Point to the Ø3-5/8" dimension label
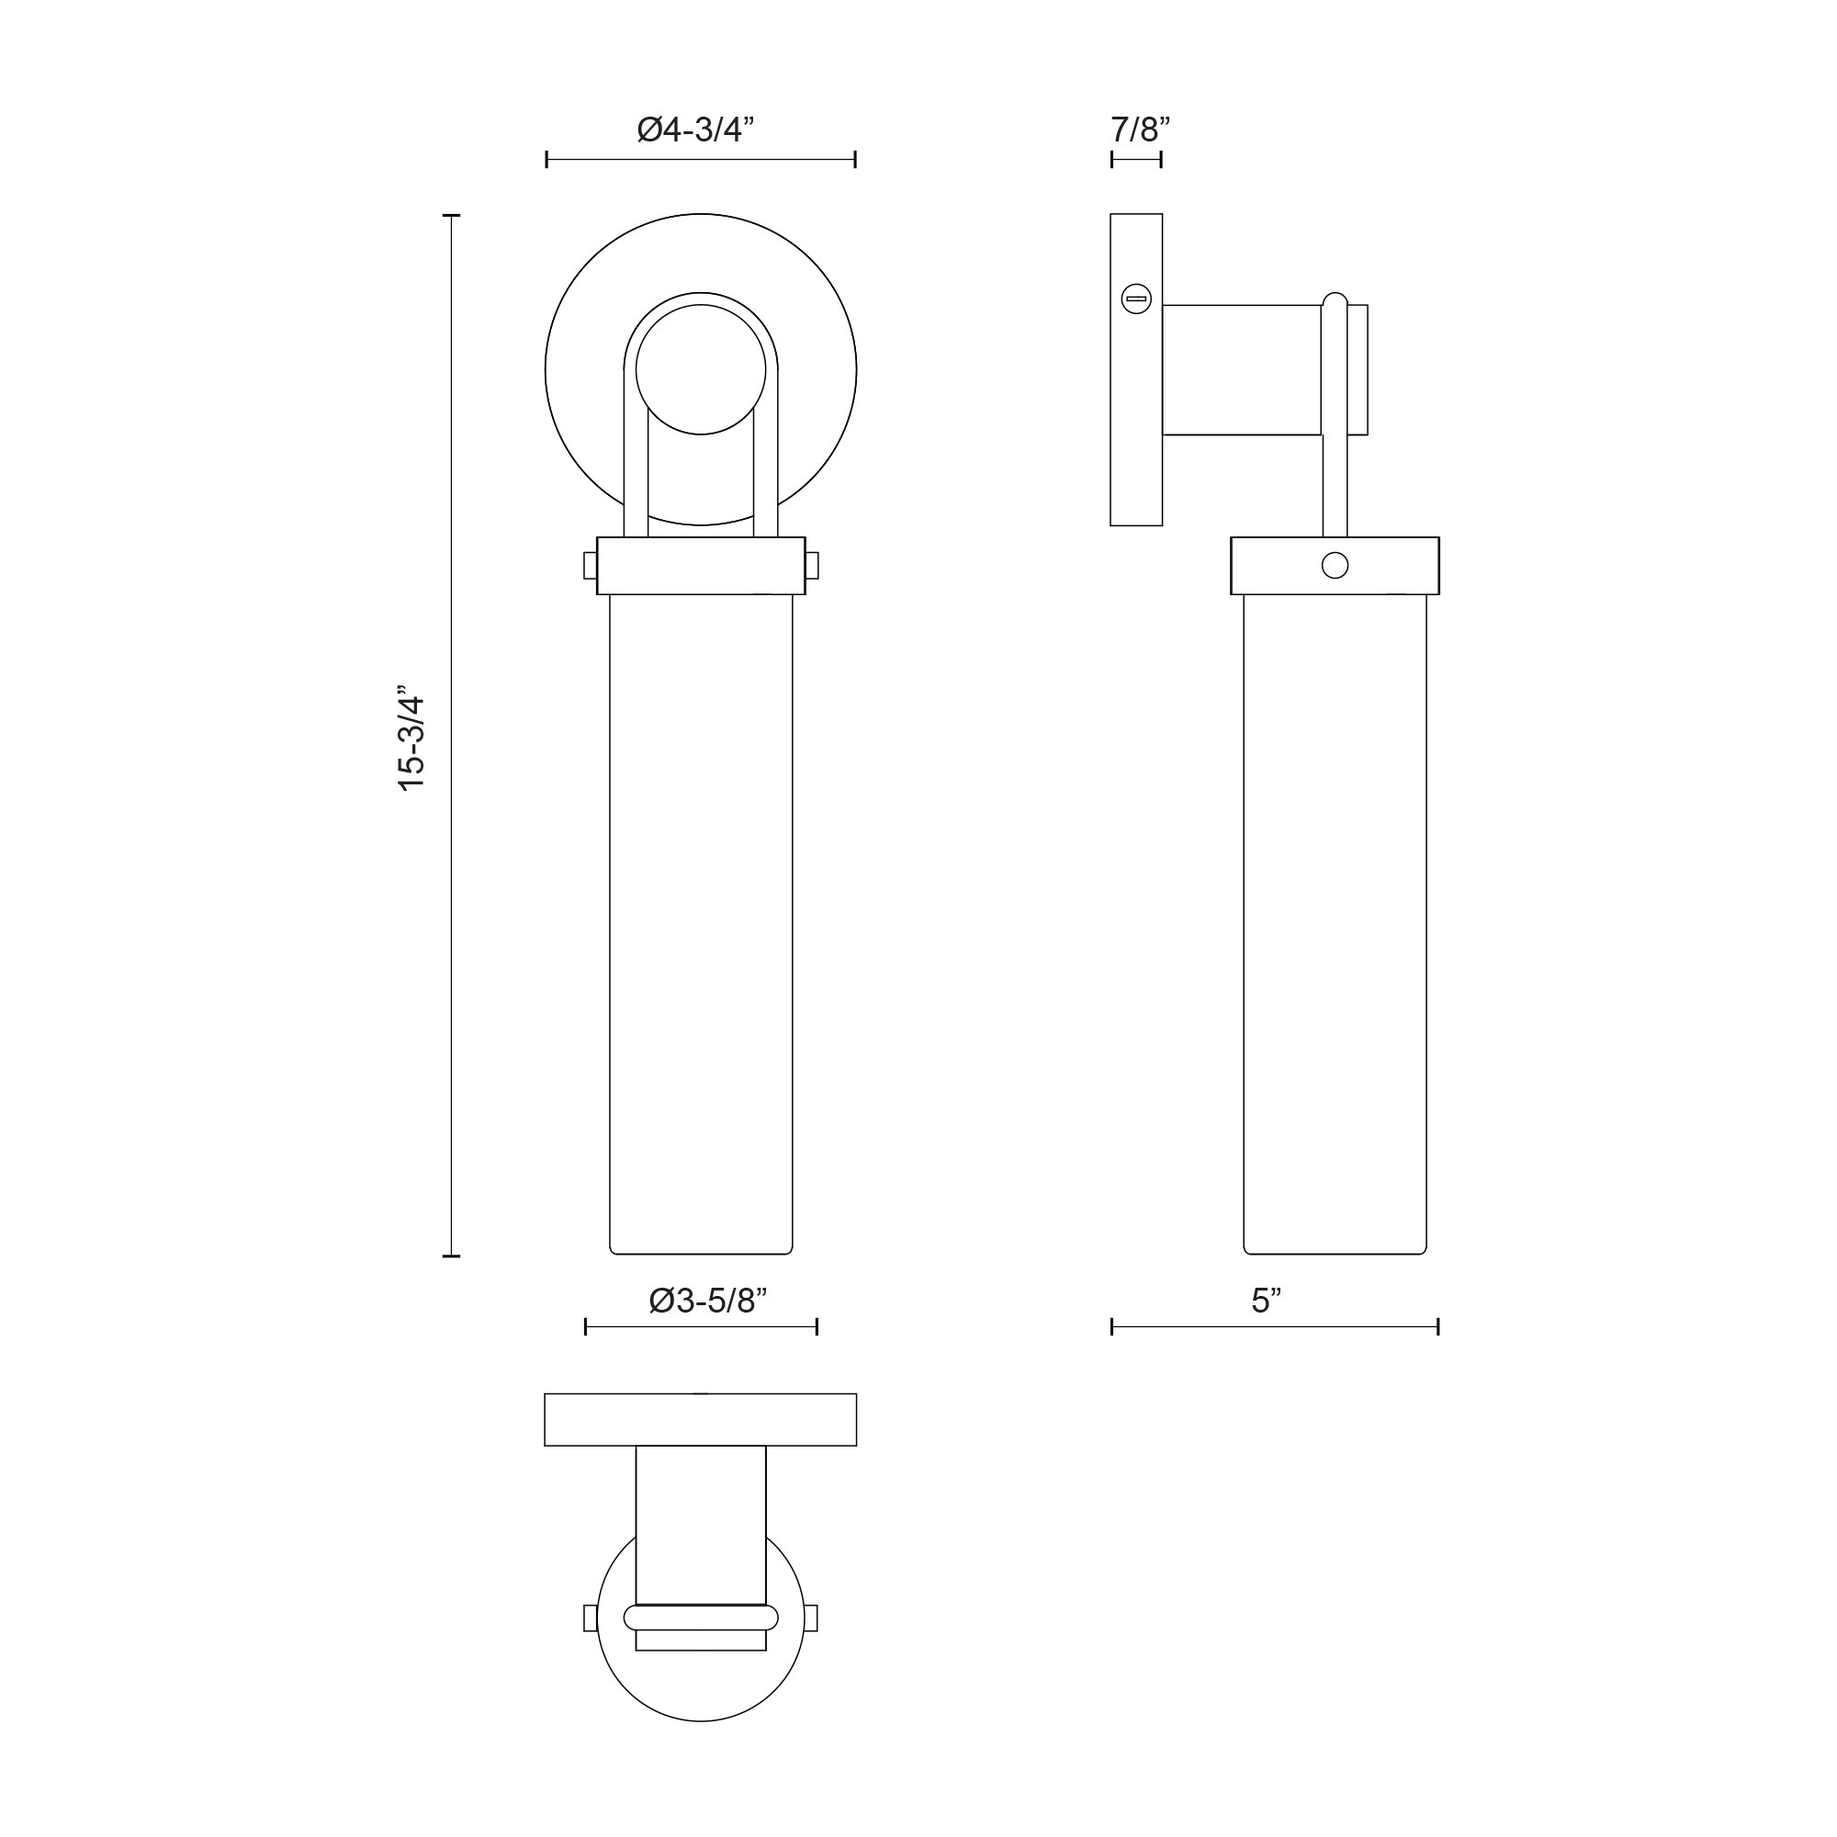click(x=707, y=1300)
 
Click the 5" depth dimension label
click(x=1267, y=1300)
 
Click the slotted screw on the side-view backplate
click(x=1136, y=299)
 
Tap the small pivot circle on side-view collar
click(x=1335, y=565)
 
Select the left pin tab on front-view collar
click(x=591, y=566)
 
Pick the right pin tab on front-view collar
click(x=811, y=566)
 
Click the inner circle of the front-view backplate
click(x=701, y=369)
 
